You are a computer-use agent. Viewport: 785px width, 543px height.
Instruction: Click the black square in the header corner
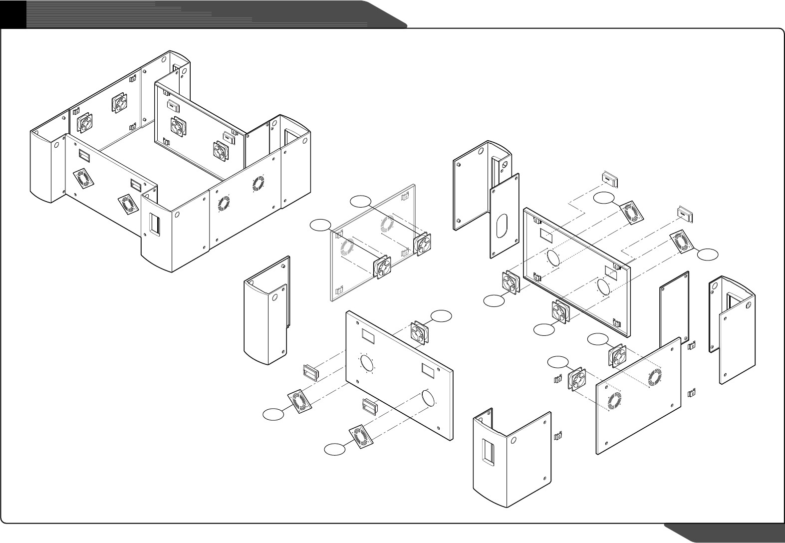click(x=13, y=13)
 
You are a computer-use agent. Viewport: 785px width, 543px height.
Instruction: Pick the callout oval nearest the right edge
click(x=708, y=255)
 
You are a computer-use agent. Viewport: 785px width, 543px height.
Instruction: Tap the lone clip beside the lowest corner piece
click(x=558, y=436)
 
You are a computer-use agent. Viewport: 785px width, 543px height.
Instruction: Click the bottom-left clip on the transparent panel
click(x=340, y=289)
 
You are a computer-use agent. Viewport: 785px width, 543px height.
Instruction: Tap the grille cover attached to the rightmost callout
click(x=681, y=242)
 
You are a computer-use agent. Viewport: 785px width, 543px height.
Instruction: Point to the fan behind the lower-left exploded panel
click(x=420, y=333)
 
